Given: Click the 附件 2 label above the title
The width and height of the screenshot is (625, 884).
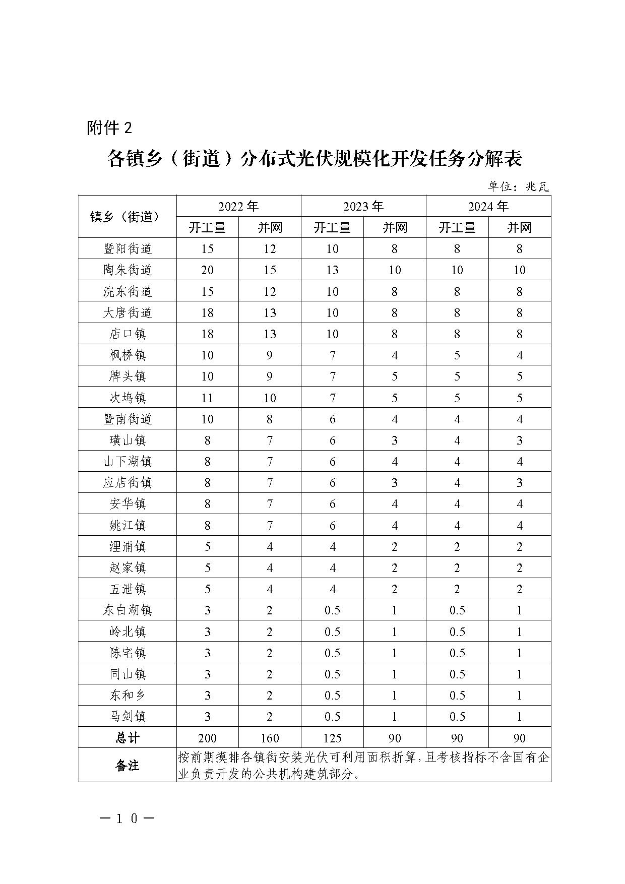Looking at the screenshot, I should coord(109,128).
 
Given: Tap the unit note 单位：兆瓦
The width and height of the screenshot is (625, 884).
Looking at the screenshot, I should coord(518,186).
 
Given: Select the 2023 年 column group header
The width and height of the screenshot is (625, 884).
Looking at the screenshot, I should coord(363,206).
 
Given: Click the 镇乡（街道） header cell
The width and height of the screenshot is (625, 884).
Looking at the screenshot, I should coord(127,217).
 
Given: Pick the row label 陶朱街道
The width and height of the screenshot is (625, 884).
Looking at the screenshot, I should coord(127,270).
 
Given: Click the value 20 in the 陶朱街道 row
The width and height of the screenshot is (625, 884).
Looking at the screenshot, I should coord(207,270).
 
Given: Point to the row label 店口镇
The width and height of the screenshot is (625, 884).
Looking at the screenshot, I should coord(127,334).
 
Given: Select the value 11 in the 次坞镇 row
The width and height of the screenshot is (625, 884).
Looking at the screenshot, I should coord(207,398).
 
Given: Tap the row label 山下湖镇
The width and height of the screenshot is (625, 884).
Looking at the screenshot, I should coord(127,462).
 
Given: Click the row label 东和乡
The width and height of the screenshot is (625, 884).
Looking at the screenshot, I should coord(127,696).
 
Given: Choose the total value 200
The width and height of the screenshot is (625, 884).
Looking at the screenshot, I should coord(207,738).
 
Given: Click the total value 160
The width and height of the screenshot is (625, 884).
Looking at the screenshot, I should coord(270,738).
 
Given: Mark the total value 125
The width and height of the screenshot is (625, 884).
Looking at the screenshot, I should coord(332,738).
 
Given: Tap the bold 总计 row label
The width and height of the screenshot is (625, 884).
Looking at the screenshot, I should coord(127,738).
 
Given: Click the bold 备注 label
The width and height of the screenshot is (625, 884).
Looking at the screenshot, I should coord(127,766).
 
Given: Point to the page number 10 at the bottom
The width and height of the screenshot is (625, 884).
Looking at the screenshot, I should coord(127,819).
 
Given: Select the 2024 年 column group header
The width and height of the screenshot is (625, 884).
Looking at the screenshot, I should coord(488,206).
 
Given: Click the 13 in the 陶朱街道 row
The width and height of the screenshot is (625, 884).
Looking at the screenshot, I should coord(332,270).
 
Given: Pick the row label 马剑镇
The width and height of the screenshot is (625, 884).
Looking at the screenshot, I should coord(127,717).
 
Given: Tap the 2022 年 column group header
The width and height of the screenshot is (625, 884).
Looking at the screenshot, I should coord(238,206).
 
